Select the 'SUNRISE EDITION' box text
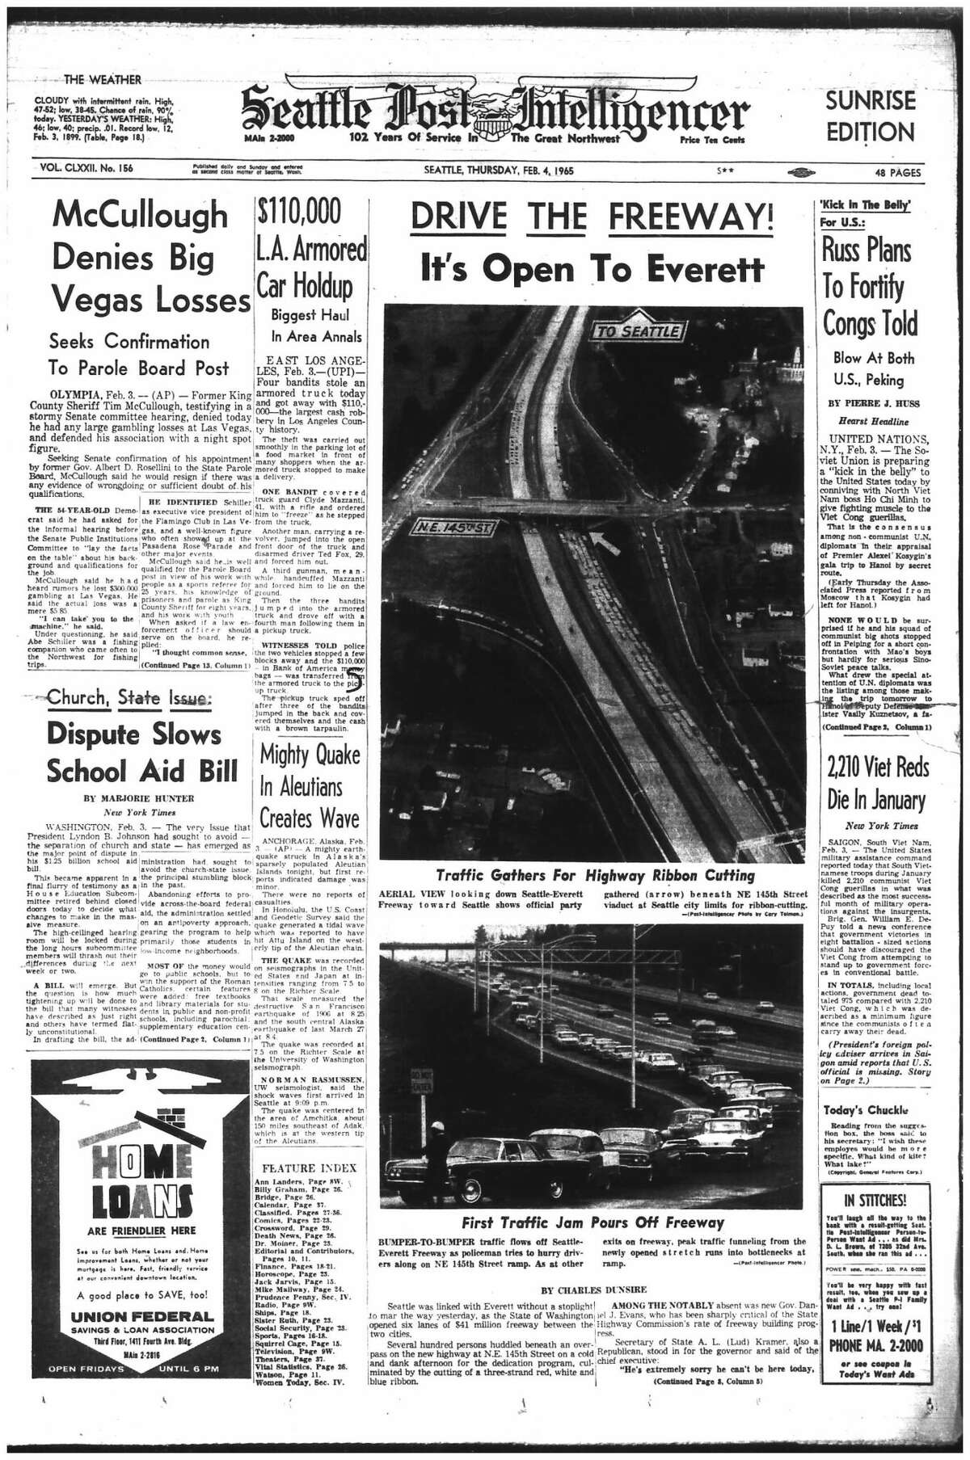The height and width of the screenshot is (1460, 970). click(x=870, y=116)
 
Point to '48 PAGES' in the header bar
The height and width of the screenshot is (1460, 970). click(x=895, y=171)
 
